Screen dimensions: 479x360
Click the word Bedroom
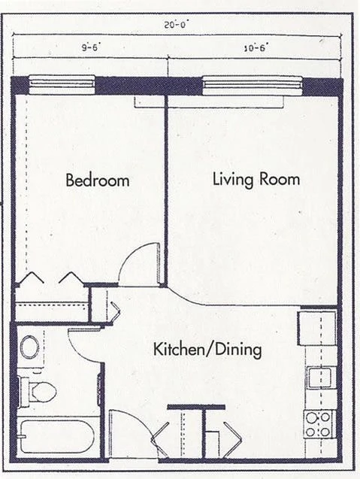97,180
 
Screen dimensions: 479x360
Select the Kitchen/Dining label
207,350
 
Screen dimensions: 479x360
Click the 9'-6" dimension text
89,47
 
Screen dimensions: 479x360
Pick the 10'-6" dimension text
256,47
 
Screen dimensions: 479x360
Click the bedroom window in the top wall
62,82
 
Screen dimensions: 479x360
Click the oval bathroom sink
30,347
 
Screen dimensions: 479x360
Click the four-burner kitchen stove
319,423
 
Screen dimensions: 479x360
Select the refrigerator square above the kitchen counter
316,326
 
